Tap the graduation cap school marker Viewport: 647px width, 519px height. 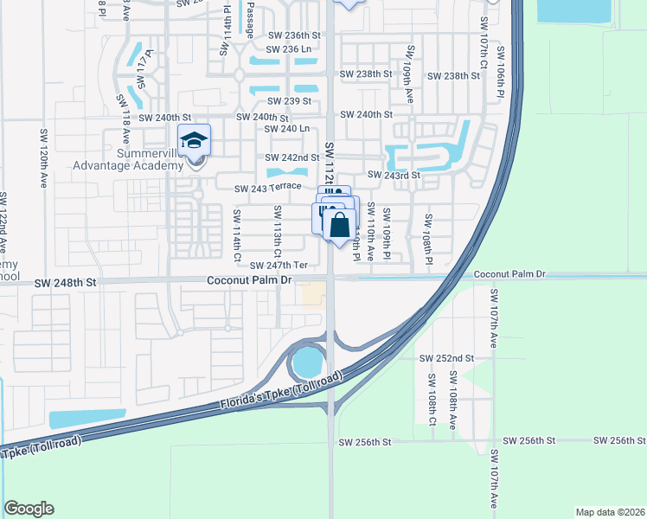tap(194, 140)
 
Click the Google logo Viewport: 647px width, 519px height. tap(29, 509)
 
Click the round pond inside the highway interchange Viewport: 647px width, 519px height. tap(308, 361)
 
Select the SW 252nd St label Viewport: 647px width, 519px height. tap(446, 357)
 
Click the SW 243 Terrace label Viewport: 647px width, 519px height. tap(267, 187)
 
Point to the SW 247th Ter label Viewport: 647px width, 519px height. tap(279, 266)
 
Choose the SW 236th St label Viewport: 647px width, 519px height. tap(293, 35)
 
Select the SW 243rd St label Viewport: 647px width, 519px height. tap(394, 175)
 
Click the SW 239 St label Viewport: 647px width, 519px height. tap(290, 101)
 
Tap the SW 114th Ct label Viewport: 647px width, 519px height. tap(236, 234)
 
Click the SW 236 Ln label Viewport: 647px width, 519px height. tap(290, 49)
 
